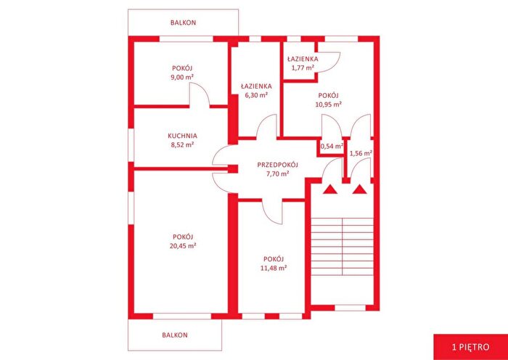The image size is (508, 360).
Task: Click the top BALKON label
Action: point(184,22)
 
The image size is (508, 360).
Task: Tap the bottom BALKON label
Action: point(175,335)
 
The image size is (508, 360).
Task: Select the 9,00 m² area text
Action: point(183,77)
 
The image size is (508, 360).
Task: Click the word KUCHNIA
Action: point(183,136)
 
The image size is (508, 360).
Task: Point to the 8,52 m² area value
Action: point(183,145)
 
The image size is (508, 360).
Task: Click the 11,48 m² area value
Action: point(274,268)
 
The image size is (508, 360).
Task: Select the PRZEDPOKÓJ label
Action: point(277,165)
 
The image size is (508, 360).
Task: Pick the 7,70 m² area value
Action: point(278,173)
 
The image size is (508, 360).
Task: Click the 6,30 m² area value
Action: point(256,95)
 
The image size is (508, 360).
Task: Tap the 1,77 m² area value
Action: point(303,67)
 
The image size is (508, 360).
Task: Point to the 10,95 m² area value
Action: point(329,105)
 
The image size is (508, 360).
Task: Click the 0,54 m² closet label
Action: point(332,147)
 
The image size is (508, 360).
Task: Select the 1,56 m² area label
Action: point(361,153)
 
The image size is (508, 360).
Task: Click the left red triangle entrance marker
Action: point(330,189)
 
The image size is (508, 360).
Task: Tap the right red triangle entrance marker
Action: point(360,189)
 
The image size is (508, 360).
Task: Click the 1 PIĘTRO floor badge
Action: point(470,348)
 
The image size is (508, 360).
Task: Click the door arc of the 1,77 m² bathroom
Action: point(335,65)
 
